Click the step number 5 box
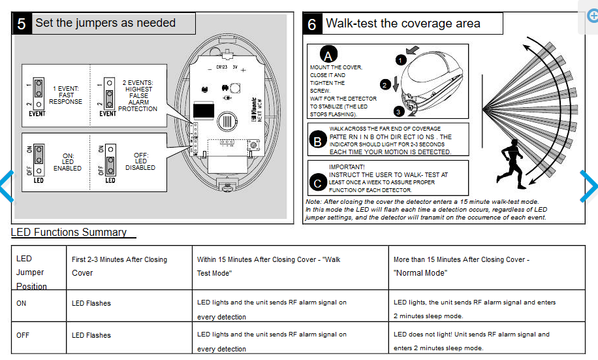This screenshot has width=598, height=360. pos(22,24)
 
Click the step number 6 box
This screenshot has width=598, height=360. pos(312,24)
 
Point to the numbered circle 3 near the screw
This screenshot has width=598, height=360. pos(399,111)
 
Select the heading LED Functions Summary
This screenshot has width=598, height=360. pos(69,233)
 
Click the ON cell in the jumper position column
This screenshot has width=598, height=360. pos(22,303)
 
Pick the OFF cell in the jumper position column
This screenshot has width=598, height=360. pos(22,335)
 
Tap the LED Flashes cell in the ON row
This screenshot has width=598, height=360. pos(91,303)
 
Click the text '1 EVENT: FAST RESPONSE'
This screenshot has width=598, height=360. pos(66,95)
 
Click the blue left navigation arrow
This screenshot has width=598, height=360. pos(6,186)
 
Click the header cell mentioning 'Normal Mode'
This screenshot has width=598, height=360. pos(461,266)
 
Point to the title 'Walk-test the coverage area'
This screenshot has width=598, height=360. pos(403,24)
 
